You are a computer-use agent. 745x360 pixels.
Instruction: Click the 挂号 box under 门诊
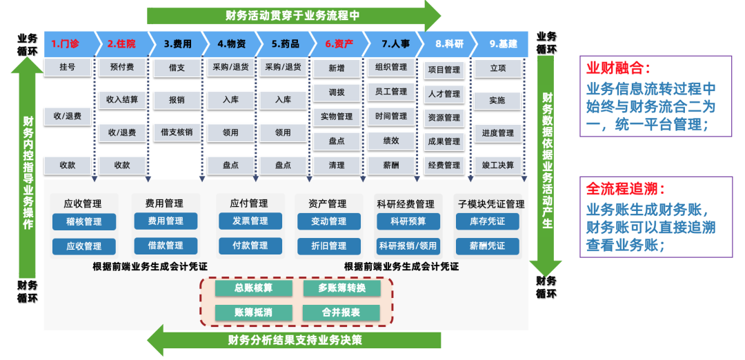point(67,68)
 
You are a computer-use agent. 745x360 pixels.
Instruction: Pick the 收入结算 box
point(122,100)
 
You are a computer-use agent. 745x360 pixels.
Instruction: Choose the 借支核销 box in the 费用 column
point(177,132)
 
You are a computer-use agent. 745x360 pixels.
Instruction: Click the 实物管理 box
point(337,117)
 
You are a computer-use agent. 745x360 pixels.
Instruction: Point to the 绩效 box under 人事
point(391,141)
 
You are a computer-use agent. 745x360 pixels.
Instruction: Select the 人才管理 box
point(444,94)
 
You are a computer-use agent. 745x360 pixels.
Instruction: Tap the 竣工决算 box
point(498,165)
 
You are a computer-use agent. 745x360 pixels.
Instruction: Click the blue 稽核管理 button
point(84,221)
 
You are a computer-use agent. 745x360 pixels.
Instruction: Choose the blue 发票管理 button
point(250,221)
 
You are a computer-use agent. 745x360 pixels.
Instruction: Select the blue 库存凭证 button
point(487,221)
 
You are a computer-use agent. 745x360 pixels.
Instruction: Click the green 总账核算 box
point(253,288)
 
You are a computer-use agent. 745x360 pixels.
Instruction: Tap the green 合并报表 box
point(341,312)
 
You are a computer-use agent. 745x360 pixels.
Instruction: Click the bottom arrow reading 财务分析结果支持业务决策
point(293,340)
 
